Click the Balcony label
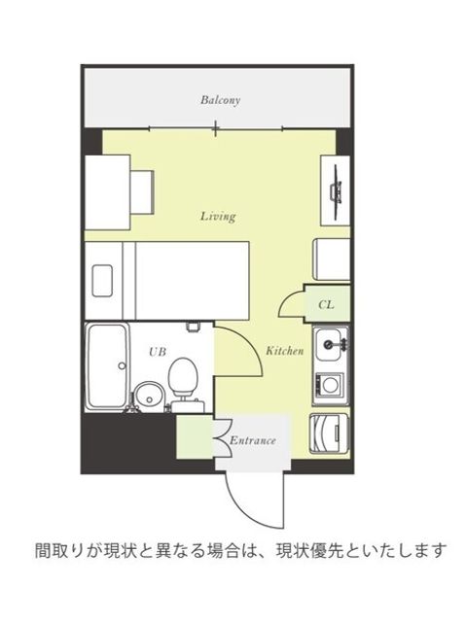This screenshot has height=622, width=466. point(220,100)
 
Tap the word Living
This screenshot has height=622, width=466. point(218,216)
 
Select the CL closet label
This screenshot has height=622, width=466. point(326,304)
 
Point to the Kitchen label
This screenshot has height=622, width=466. point(285,351)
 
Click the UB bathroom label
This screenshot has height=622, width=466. point(158,352)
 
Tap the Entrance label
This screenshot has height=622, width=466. point(252,440)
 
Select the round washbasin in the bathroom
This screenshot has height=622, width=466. point(148,396)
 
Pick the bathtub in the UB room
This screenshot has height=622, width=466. point(108,367)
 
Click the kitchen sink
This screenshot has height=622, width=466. point(331,343)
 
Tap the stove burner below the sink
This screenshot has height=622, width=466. point(329,385)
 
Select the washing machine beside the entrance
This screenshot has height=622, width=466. point(329,434)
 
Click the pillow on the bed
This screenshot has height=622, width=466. point(102,281)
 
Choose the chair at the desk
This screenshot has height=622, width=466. point(142,192)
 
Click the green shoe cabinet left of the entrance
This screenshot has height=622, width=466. point(196,436)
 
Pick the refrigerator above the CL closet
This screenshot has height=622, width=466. point(332,259)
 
